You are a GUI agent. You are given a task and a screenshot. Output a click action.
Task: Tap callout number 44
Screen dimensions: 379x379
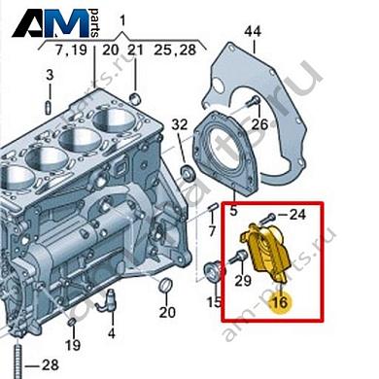coord(253,33)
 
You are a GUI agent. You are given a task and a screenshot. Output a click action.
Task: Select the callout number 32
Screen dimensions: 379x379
coord(179,125)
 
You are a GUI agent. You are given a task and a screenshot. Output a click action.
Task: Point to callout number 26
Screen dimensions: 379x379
coord(258,124)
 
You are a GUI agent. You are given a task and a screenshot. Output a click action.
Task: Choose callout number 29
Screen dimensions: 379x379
coord(245,281)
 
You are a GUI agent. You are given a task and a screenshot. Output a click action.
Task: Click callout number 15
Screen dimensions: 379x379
coord(214,304)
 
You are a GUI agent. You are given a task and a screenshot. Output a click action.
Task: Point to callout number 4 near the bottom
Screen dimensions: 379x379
coord(110,333)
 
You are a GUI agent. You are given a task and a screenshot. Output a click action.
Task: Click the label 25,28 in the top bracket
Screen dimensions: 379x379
coord(176,49)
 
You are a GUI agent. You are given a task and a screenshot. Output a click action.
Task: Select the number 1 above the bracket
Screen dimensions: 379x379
coord(123,20)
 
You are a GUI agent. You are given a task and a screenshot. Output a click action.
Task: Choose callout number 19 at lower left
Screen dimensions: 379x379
coord(72,345)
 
